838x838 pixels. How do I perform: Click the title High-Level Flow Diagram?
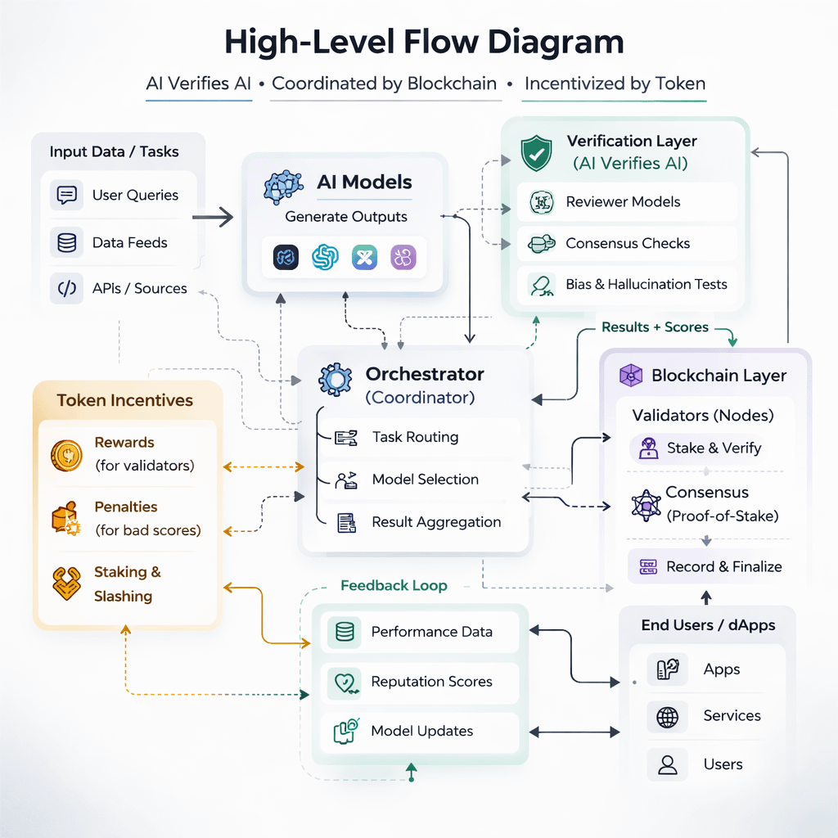pyautogui.click(x=423, y=43)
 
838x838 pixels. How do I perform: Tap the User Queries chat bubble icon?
pyautogui.click(x=67, y=195)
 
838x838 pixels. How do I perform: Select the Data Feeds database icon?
pyautogui.click(x=67, y=242)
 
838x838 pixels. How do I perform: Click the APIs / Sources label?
pyautogui.click(x=139, y=288)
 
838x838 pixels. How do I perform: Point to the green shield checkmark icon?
pyautogui.click(x=537, y=153)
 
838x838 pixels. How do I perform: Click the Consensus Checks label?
pyautogui.click(x=628, y=243)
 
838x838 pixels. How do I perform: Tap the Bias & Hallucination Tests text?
pyautogui.click(x=647, y=285)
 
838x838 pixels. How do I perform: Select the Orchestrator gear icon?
pyautogui.click(x=335, y=379)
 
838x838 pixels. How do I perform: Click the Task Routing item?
pyautogui.click(x=415, y=437)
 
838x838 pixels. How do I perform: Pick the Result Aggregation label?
pyautogui.click(x=436, y=522)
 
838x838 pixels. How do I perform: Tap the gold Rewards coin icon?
pyautogui.click(x=66, y=454)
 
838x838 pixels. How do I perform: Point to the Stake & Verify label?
pyautogui.click(x=714, y=448)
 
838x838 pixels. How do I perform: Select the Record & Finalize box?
pyautogui.click(x=705, y=566)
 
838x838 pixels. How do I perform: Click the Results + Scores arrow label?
pyautogui.click(x=655, y=327)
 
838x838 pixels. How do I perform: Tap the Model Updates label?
pyautogui.click(x=421, y=731)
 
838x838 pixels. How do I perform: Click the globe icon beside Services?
pyautogui.click(x=668, y=717)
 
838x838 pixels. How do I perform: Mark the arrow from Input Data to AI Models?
pyautogui.click(x=213, y=218)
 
